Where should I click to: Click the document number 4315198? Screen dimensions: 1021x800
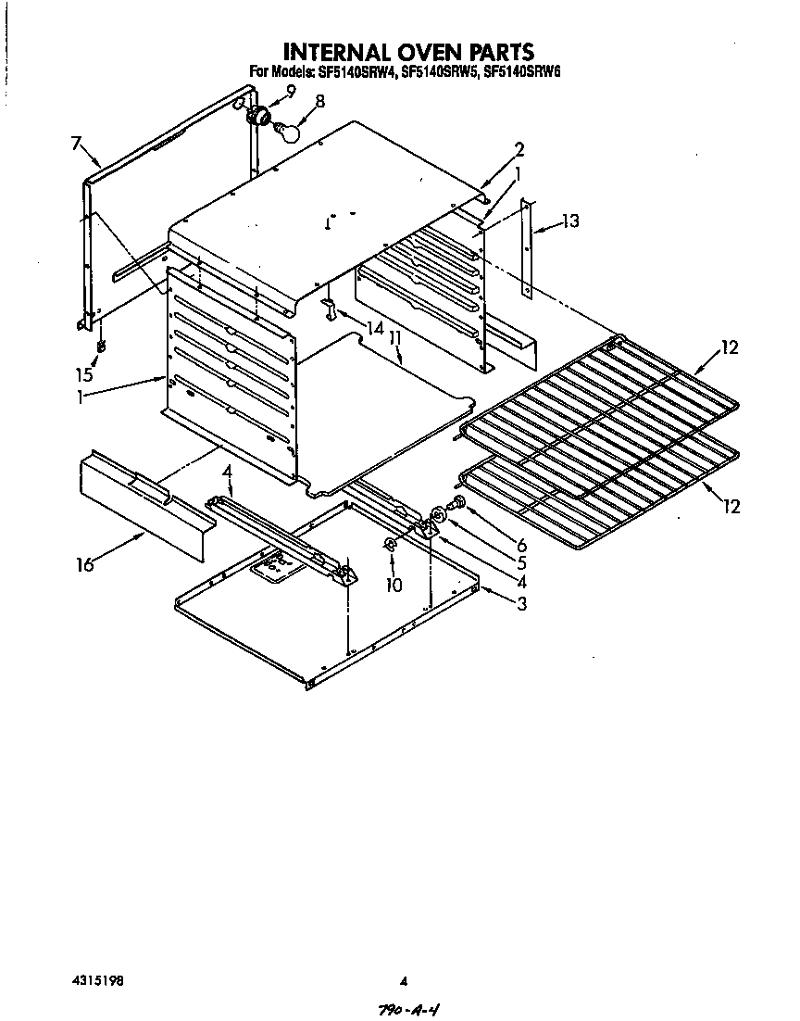[96, 980]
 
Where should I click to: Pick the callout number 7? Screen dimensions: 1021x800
[75, 143]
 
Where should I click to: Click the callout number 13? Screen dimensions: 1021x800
[570, 221]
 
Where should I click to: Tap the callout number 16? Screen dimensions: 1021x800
[85, 564]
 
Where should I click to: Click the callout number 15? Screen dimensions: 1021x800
[85, 374]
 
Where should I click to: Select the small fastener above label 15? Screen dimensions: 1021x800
[101, 347]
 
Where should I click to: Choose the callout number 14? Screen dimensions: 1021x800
[374, 327]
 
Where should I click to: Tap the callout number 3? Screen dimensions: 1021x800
[522, 605]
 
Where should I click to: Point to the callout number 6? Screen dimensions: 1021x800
[522, 546]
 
